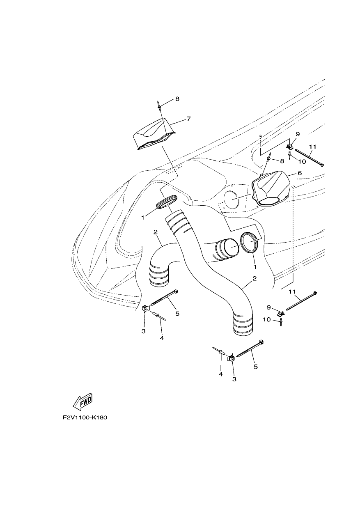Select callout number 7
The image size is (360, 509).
point(188,119)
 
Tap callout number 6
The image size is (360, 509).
point(299,173)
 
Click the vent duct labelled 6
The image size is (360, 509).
point(271,188)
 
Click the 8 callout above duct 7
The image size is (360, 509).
point(177,99)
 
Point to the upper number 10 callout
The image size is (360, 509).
point(302,162)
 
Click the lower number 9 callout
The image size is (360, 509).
point(268,307)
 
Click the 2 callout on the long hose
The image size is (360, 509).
point(255,278)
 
